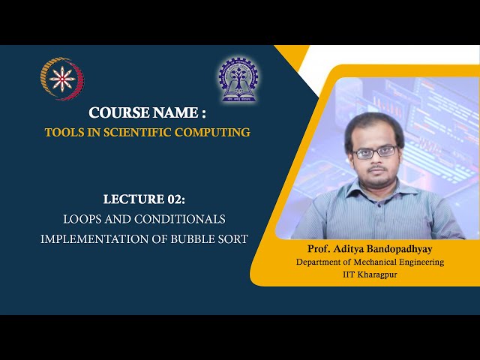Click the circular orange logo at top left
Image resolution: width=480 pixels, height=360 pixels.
pyautogui.click(x=62, y=78)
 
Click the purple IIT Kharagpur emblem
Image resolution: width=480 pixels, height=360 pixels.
pyautogui.click(x=238, y=79)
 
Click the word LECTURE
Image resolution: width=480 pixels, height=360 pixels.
pyautogui.click(x=133, y=199)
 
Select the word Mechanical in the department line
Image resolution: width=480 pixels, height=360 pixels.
pyautogui.click(x=383, y=262)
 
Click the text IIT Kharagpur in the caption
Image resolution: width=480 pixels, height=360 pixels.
pyautogui.click(x=370, y=274)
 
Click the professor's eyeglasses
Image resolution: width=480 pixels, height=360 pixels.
pyautogui.click(x=374, y=151)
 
